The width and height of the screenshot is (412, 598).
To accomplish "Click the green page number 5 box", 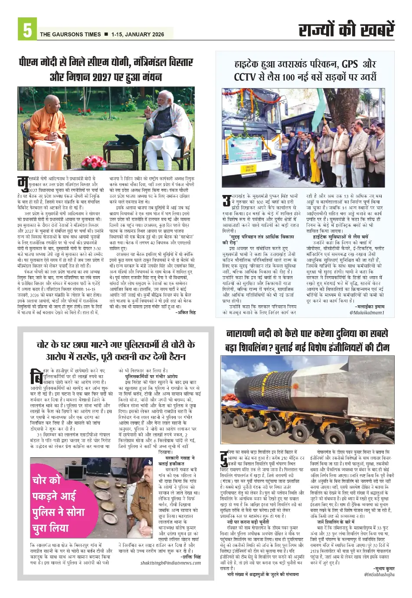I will coord(27,30).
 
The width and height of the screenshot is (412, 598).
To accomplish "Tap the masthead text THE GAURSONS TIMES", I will coord(70,34).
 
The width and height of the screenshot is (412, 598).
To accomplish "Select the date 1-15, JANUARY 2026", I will coord(137,34).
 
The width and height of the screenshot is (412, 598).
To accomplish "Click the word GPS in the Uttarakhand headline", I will coord(349,64).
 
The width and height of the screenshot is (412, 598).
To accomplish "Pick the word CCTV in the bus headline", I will coord(245,77).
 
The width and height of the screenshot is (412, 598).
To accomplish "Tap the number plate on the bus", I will coord(237,168).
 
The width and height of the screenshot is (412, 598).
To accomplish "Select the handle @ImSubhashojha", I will coord(379,575).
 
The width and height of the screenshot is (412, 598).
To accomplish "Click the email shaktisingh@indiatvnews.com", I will coord(170,563).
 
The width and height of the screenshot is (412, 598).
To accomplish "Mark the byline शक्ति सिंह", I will coord(191,557).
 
